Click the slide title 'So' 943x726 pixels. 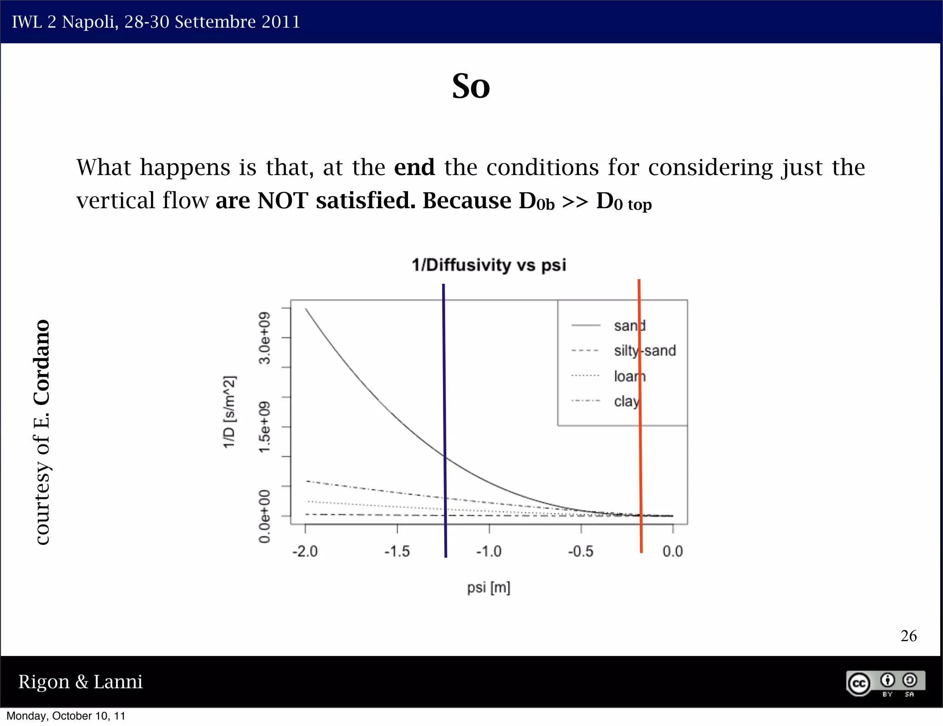pos(471,86)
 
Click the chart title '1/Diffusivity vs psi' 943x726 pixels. pos(489,265)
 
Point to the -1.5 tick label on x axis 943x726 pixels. pos(397,551)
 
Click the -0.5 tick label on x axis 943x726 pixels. pos(580,551)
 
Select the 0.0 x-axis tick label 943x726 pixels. pos(672,551)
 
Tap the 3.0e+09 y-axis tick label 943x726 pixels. pos(264,338)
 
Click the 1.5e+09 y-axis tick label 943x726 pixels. pos(264,427)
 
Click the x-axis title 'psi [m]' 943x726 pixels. pos(489,587)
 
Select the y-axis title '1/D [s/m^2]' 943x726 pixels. pos(229,411)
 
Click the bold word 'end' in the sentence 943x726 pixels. pos(414,167)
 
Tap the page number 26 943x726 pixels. pos(908,636)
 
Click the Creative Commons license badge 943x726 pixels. pos(885,683)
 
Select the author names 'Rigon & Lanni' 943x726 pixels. pos(80,682)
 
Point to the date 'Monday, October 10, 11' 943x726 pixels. pos(66,716)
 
